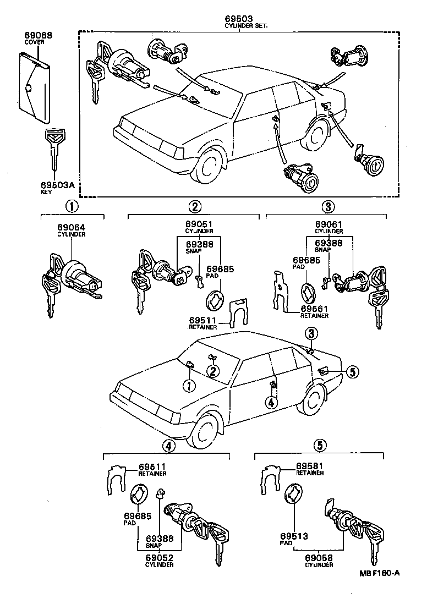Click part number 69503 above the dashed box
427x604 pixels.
238,20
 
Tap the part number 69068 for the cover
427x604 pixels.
38,35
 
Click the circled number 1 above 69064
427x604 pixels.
72,207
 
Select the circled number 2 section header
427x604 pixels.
194,207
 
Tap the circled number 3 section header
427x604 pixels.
327,207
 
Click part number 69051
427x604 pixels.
198,225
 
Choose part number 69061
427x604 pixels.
329,225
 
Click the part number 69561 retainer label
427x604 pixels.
314,309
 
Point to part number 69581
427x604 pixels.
309,466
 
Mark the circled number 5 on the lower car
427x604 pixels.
352,372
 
